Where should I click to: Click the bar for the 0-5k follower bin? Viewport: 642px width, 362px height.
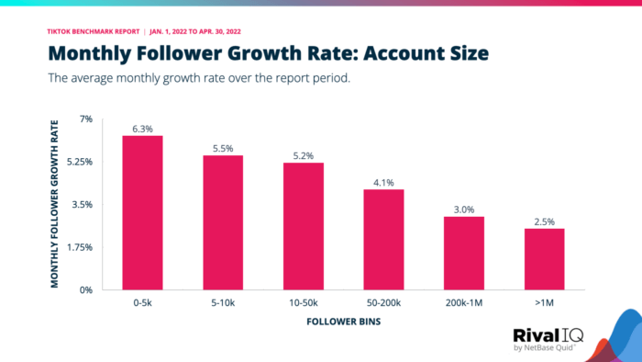click(x=142, y=213)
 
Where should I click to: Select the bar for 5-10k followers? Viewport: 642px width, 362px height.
click(x=223, y=222)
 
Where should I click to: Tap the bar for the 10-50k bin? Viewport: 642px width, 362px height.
click(x=303, y=226)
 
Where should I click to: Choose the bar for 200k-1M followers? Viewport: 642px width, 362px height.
click(x=464, y=253)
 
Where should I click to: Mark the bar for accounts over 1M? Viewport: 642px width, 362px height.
click(x=544, y=259)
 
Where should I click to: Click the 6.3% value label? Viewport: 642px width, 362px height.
click(x=142, y=129)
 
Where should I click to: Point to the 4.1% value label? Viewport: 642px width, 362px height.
click(x=383, y=182)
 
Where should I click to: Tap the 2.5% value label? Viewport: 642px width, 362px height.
click(x=544, y=221)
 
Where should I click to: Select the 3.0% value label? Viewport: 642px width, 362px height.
click(x=464, y=209)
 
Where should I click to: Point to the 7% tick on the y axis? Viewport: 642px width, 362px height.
click(x=86, y=119)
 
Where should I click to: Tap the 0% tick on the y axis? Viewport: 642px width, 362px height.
click(x=86, y=290)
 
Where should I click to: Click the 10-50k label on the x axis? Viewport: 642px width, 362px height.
click(x=303, y=302)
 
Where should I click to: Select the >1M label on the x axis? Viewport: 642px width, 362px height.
click(x=544, y=302)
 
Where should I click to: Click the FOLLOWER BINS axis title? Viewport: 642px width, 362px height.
click(x=343, y=323)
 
